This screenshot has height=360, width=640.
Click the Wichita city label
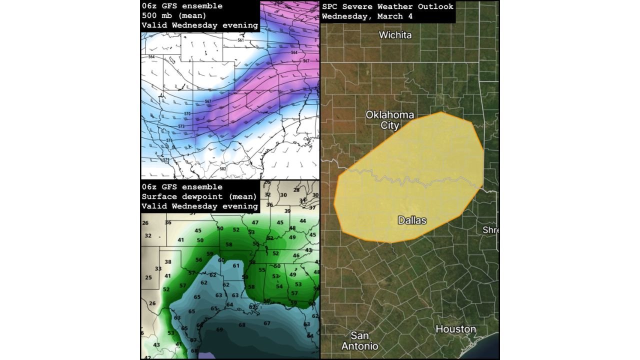click(x=395, y=35)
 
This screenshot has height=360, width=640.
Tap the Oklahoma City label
click(x=390, y=120)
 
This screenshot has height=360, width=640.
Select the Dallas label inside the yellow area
click(x=412, y=219)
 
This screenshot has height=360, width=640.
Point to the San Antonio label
click(x=360, y=340)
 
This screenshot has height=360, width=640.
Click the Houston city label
click(x=455, y=329)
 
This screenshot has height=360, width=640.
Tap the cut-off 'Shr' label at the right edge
click(x=490, y=230)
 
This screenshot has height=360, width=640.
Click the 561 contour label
click(x=241, y=40)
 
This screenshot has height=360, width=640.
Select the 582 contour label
click(x=223, y=169)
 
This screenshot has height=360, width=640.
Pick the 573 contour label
click(x=181, y=126)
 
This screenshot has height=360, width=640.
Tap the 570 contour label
click(x=187, y=114)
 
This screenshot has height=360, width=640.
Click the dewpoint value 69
click(x=219, y=329)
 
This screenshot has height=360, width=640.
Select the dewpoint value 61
click(x=236, y=265)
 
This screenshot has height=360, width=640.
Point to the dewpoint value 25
click(x=148, y=277)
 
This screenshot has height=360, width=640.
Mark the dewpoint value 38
click(x=168, y=262)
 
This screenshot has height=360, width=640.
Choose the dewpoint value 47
click(x=255, y=222)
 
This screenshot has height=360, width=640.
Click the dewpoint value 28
click(x=296, y=190)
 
